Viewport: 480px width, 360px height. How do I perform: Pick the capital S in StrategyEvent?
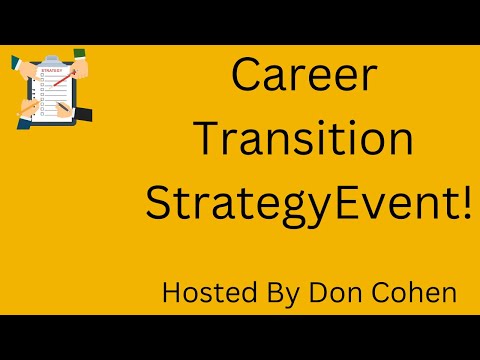[x=161, y=202]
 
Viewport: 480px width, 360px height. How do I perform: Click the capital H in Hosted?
[x=172, y=294]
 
